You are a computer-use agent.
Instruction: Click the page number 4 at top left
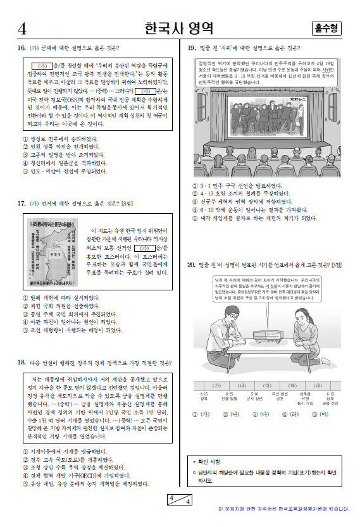pyautogui.click(x=22, y=28)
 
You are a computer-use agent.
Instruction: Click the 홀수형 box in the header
pyautogui.click(x=326, y=28)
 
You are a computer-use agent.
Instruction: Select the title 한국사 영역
pyautogui.click(x=178, y=28)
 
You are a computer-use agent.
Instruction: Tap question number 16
pyautogui.click(x=21, y=47)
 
